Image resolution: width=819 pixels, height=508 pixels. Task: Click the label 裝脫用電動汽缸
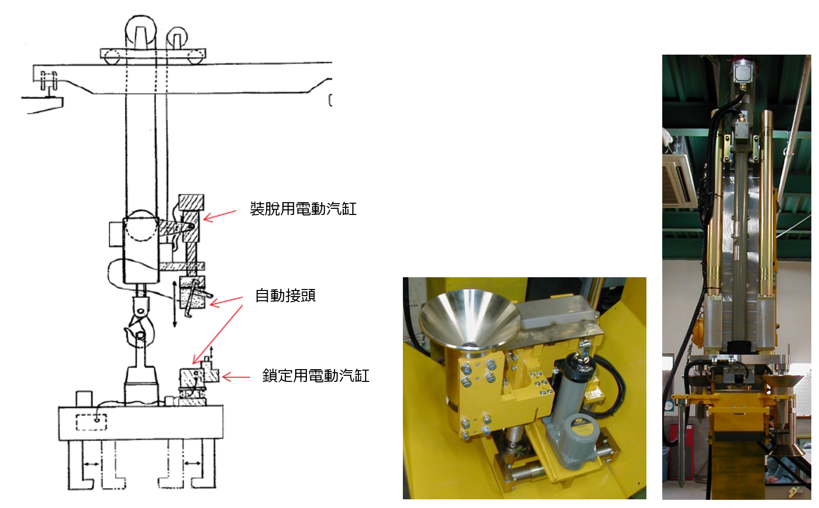tap(303, 209)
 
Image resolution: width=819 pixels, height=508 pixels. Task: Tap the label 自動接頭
tap(285, 295)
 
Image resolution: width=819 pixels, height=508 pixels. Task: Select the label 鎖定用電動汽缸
tap(316, 376)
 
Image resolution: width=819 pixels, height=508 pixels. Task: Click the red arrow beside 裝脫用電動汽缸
tap(220, 215)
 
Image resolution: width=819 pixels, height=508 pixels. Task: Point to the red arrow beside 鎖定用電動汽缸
tap(236, 377)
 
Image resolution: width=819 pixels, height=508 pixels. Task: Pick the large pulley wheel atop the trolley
tap(141, 32)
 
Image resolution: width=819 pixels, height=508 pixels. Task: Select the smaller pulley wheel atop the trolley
tap(177, 38)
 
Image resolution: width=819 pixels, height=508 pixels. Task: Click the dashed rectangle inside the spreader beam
tap(91, 422)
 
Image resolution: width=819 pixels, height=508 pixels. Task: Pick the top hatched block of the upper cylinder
tap(191, 203)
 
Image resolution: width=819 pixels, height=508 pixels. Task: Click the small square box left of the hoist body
tap(116, 234)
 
